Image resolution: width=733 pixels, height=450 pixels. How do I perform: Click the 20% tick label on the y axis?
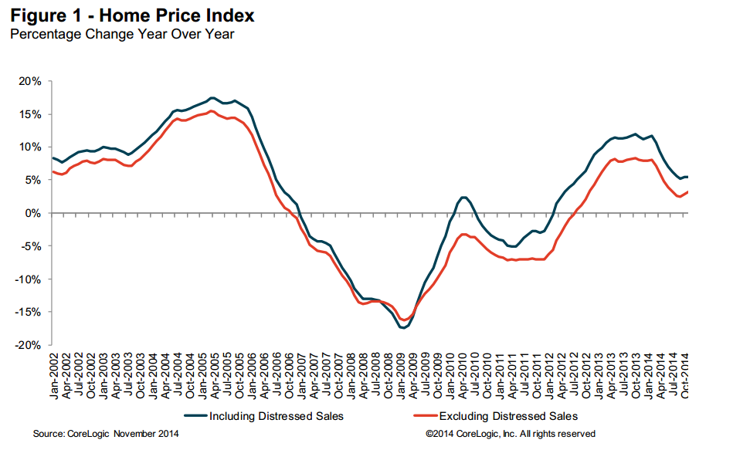point(31,81)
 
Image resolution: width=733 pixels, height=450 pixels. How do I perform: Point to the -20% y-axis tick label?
point(29,346)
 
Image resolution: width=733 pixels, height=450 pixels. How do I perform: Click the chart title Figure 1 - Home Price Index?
point(131,15)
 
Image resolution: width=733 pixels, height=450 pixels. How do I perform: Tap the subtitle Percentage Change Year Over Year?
point(121,33)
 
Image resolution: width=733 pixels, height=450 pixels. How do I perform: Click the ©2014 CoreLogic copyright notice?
point(511,434)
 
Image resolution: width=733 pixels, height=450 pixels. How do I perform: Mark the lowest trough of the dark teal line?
point(402,328)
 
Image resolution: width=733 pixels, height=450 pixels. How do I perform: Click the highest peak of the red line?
point(212,111)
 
